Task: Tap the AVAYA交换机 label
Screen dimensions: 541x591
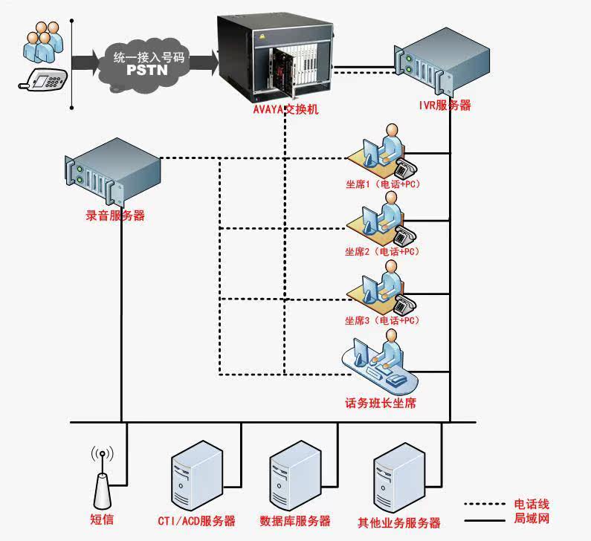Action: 285,110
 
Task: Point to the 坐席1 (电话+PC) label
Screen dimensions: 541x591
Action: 382,184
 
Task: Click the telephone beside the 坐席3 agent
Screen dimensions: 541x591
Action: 404,303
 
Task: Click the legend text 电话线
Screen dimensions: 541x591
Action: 532,505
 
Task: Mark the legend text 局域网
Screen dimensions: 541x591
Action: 532,519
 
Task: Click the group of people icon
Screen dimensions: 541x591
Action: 40,42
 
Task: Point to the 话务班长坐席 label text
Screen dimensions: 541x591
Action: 380,404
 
